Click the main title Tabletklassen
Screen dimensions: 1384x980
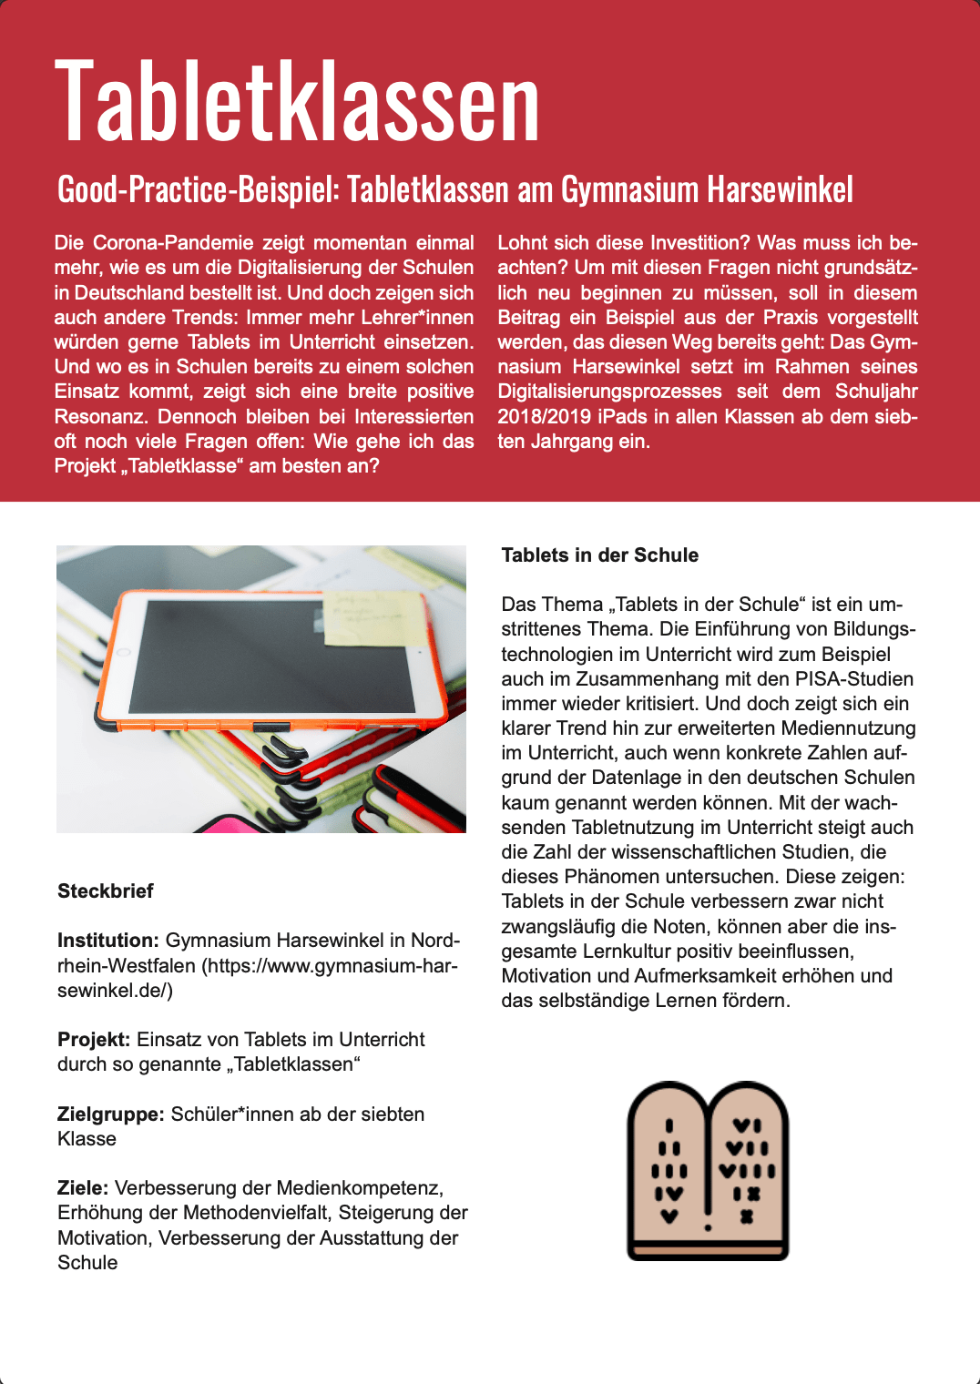[x=298, y=100]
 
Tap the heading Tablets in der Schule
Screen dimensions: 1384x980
[x=599, y=555]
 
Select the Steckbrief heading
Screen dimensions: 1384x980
[x=106, y=891]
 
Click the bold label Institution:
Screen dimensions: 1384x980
[x=108, y=941]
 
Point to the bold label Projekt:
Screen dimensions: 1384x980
[x=94, y=1040]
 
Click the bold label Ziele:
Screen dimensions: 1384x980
[x=83, y=1188]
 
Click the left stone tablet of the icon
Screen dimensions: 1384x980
[x=669, y=1170]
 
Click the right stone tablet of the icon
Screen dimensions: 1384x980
[x=747, y=1170]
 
